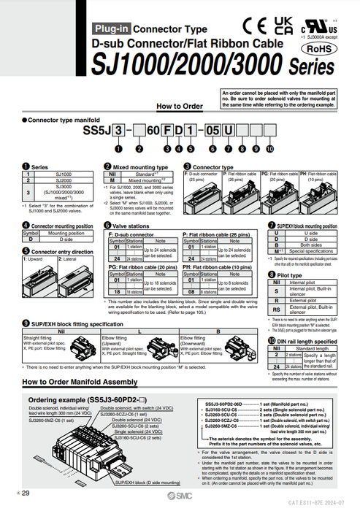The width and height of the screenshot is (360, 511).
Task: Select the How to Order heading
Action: (x=180, y=106)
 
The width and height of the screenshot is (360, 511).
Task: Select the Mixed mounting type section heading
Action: (x=137, y=167)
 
